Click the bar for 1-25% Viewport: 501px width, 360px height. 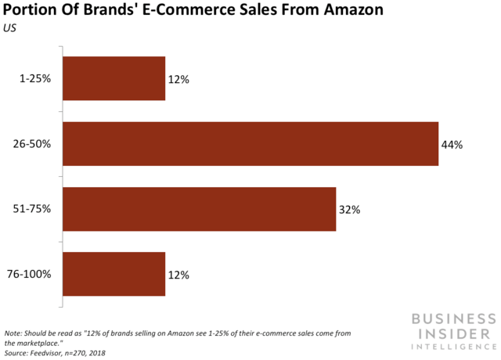click(114, 78)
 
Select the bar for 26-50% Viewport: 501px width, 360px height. click(250, 144)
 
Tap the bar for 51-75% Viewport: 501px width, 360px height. click(199, 209)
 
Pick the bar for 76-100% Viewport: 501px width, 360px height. click(114, 274)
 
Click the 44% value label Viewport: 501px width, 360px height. click(452, 145)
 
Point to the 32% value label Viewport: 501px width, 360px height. click(349, 210)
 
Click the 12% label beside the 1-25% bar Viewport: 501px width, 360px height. click(178, 79)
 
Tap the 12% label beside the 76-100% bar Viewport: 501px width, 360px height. click(178, 275)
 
